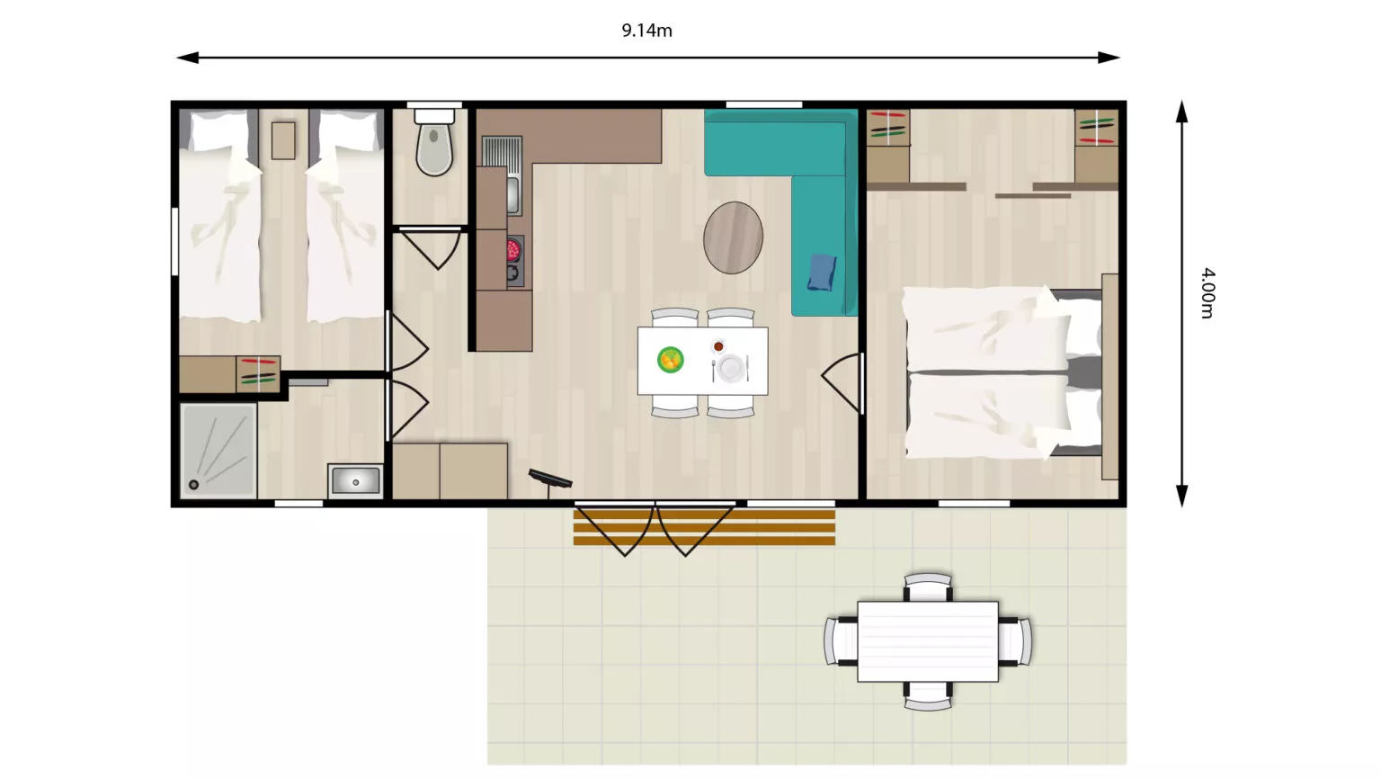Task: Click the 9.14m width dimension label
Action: [646, 30]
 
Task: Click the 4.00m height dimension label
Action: [1207, 293]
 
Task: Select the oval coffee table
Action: [733, 237]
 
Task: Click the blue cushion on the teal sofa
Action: [822, 272]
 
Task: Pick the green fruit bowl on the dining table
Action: [670, 360]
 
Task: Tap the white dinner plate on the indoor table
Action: [731, 368]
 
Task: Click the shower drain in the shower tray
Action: [193, 485]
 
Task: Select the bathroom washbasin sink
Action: [355, 481]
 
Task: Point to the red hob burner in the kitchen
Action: [513, 250]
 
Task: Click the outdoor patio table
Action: [927, 641]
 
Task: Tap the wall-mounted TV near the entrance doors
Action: [550, 479]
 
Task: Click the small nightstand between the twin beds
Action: [283, 140]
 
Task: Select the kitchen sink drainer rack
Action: [501, 152]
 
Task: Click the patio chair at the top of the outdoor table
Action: [928, 587]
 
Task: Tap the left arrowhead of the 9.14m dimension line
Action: [187, 58]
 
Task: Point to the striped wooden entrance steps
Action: [704, 527]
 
